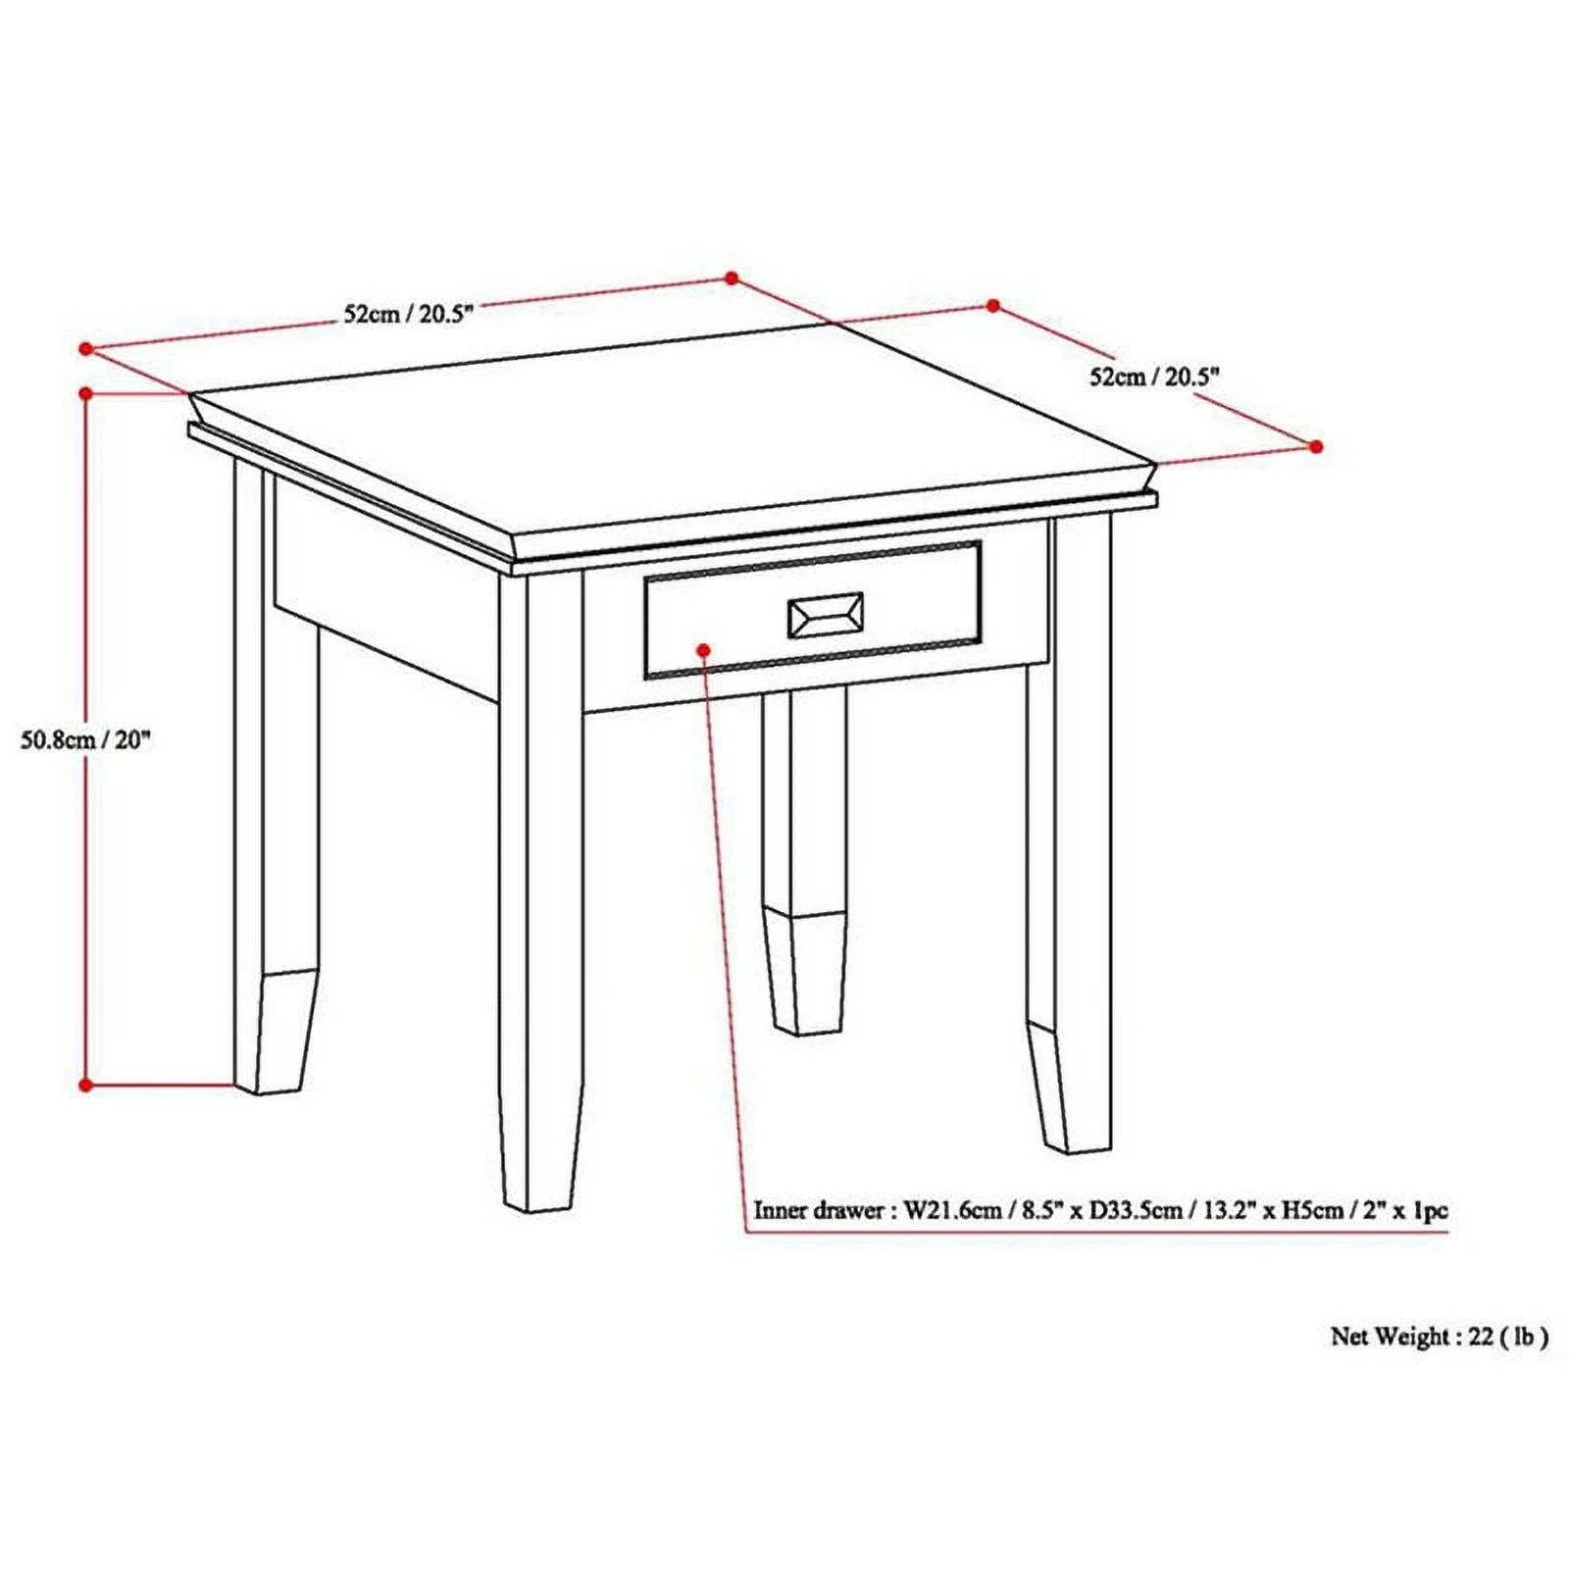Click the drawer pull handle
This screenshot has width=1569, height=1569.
click(826, 616)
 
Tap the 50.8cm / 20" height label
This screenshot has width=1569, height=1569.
click(86, 739)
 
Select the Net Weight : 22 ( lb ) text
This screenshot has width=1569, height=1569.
click(1439, 1336)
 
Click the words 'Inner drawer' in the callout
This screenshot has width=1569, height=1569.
click(819, 1210)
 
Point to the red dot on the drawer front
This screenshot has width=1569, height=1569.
click(703, 649)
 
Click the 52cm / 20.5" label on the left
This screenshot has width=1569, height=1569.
click(409, 314)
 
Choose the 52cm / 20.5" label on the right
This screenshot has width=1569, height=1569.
click(1154, 376)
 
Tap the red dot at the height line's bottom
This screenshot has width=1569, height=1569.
click(86, 1085)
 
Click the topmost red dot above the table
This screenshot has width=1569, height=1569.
click(731, 278)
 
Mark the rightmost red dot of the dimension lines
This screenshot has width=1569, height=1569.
click(1316, 446)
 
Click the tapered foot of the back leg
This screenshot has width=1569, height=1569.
click(805, 971)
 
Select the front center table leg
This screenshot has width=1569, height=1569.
click(541, 883)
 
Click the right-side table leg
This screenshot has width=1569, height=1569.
click(1069, 834)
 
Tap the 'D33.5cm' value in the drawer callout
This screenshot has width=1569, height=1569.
click(1125, 1210)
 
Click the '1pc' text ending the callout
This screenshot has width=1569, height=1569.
click(1429, 1210)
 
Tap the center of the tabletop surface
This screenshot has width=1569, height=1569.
click(677, 431)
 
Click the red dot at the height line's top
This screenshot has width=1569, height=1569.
click(86, 393)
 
